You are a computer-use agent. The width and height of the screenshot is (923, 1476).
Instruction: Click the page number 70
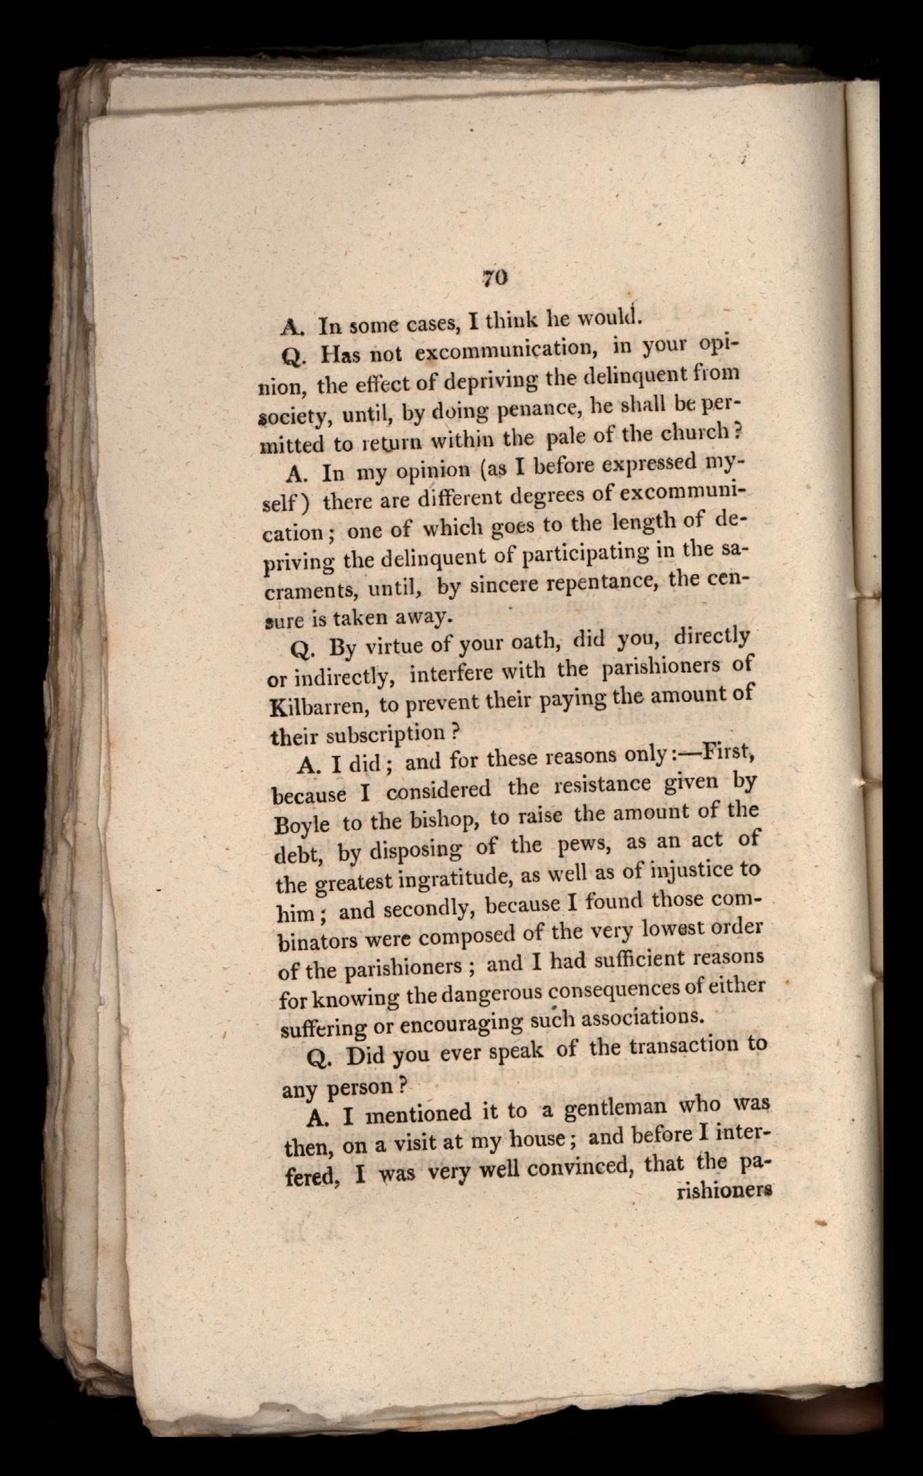(493, 278)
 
